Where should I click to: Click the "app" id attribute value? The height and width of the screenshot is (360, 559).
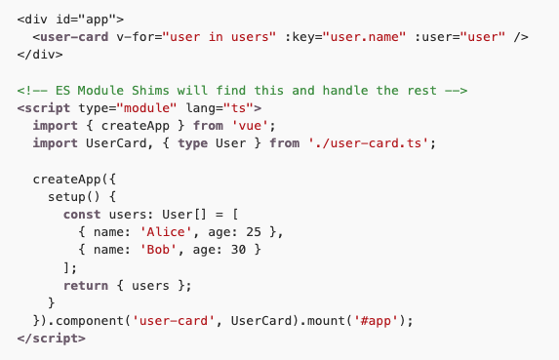(x=96, y=19)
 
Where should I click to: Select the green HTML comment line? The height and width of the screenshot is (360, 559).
(x=243, y=91)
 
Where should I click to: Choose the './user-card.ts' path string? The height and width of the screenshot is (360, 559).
(x=369, y=143)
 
